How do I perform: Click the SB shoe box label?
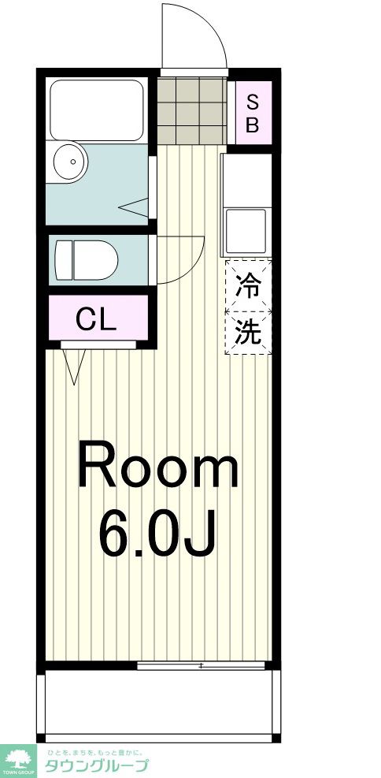click(252, 113)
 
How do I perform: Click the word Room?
click(157, 467)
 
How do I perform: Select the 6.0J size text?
click(157, 534)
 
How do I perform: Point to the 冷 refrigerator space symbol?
click(249, 285)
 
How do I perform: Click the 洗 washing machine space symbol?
click(249, 332)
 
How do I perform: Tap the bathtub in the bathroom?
click(96, 110)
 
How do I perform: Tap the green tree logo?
click(18, 760)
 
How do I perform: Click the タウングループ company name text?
click(95, 765)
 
